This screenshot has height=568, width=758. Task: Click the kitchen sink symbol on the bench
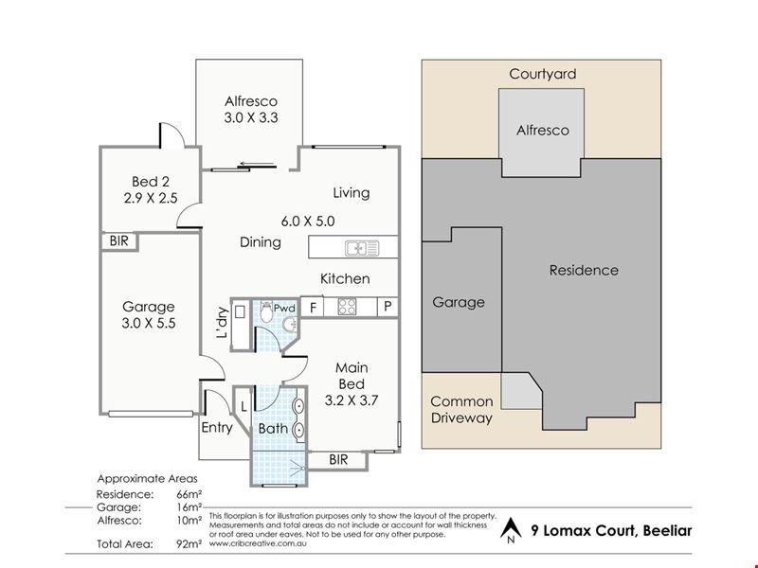coord(362,248)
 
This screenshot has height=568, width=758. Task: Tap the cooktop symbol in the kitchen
coord(347,307)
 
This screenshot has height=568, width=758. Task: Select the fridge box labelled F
coord(313,307)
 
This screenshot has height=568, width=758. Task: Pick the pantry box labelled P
coord(388,307)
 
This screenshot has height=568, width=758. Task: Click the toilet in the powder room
coord(266,311)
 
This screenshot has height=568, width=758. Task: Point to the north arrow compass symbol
coord(511,530)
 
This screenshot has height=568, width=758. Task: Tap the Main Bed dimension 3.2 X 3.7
coord(352,400)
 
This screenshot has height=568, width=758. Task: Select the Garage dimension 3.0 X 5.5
coord(149,323)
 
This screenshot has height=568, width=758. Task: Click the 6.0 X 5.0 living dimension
coord(308,222)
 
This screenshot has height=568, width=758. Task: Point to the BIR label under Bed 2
coord(119,240)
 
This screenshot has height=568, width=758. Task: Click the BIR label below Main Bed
coord(338,459)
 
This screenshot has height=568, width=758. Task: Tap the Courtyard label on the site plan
coord(542,75)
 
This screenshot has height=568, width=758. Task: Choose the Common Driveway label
coord(461,410)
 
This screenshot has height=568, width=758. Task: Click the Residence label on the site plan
coord(584,270)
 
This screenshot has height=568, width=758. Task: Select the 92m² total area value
coord(189,543)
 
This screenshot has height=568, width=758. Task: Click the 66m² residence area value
coord(189,494)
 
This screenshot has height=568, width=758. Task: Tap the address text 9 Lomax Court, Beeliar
coord(611,531)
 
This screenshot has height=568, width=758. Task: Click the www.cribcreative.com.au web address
coord(258,542)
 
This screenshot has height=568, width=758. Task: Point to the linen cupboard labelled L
coord(244,407)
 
